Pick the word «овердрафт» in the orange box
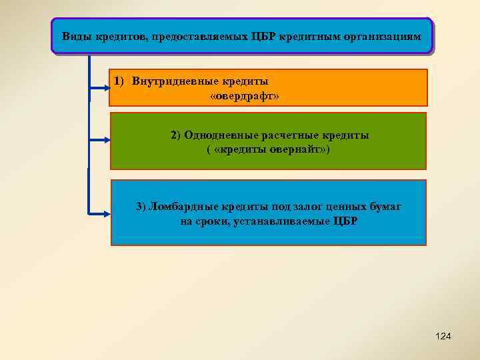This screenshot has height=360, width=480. tap(244, 97)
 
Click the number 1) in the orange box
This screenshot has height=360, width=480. tap(119, 81)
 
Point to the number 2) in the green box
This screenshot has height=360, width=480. tap(175, 135)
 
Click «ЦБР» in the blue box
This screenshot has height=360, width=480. tap(345, 221)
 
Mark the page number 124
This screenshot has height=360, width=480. tap(443, 336)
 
